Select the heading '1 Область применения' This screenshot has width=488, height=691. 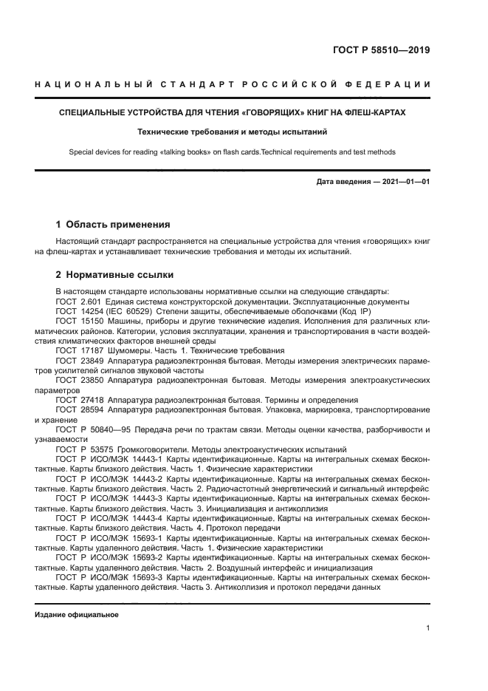[113, 224]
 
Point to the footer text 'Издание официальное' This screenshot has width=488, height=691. [77, 614]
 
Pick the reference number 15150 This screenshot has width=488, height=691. [92, 322]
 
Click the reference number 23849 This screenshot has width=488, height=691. [92, 360]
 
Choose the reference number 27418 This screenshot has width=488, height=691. [92, 398]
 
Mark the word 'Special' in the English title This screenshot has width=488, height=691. [83, 152]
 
